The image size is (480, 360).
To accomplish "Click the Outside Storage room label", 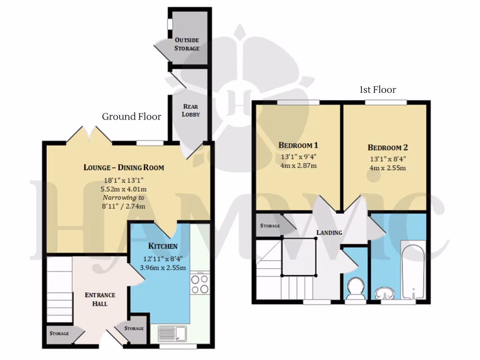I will tap(187, 44).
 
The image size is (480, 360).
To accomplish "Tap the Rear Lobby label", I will tap(190, 110).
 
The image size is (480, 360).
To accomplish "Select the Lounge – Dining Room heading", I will tap(124, 167).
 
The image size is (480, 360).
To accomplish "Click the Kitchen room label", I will tap(163, 246).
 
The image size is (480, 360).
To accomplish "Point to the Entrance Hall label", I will tap(100, 299).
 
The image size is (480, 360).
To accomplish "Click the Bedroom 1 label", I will tap(299, 144).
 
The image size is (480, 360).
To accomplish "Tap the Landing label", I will tap(329, 232).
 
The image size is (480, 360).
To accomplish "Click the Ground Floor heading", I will tap(131, 117).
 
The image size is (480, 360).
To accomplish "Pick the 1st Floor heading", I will tap(377, 90).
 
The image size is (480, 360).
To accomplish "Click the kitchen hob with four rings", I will tap(200, 284).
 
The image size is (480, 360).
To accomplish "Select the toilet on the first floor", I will tap(355, 288).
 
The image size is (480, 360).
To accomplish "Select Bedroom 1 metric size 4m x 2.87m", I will tap(298, 166).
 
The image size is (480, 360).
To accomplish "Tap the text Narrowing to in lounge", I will tap(123, 198).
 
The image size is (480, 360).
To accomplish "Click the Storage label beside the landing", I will tap(270, 226).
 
